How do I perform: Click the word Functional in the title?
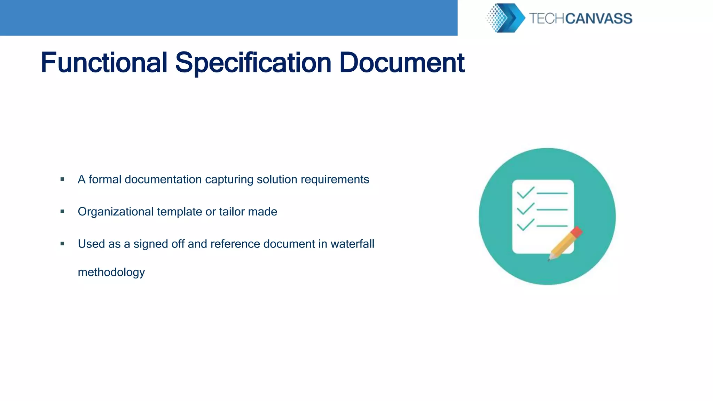104,63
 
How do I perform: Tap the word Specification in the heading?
253,63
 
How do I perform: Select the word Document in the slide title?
402,63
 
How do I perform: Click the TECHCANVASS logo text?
580,18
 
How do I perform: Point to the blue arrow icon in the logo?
512,18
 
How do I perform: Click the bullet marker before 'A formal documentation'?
62,179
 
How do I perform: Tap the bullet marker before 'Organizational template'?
62,211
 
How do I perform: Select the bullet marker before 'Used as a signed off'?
62,244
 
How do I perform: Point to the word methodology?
111,272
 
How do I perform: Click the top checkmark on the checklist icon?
525,192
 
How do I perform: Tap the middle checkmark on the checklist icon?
525,209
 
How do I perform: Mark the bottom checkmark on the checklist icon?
525,225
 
